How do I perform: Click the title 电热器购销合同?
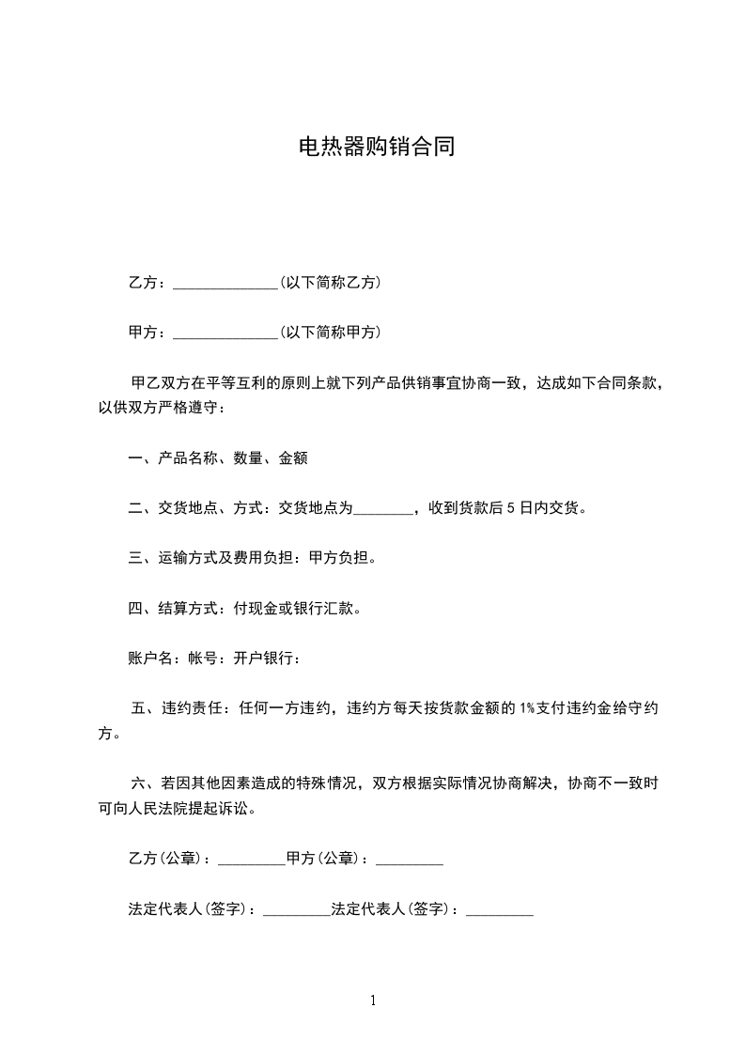[x=376, y=147]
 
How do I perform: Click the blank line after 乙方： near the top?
[x=225, y=284]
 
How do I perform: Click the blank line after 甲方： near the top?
[x=225, y=333]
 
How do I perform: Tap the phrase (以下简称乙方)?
[x=330, y=282]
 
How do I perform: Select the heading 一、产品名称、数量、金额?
[x=218, y=458]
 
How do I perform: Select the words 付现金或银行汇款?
[x=297, y=608]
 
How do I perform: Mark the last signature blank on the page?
[x=500, y=911]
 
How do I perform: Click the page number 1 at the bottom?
[x=373, y=1000]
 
